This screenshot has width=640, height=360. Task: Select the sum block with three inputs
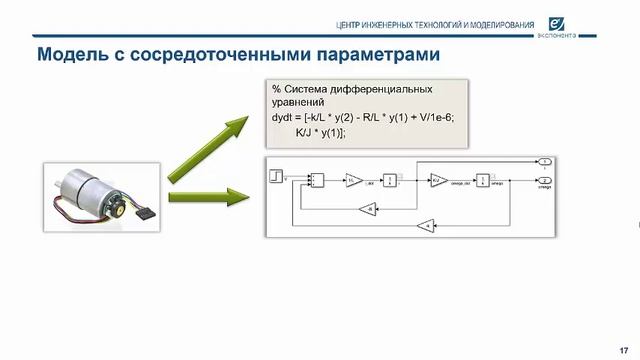[316, 180]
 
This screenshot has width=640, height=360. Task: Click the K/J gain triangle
[438, 180]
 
